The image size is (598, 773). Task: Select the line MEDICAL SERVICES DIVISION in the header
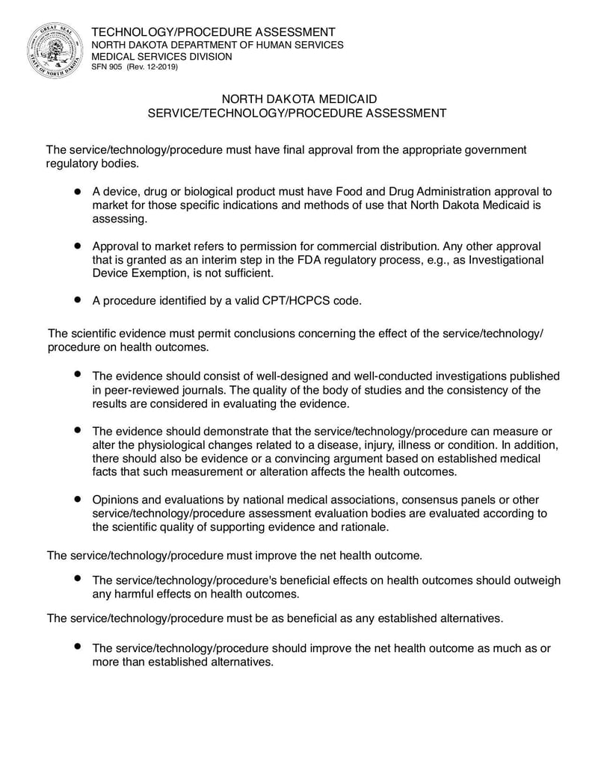click(x=161, y=56)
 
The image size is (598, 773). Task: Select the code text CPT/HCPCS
click(x=277, y=300)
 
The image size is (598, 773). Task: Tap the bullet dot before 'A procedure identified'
click(x=77, y=299)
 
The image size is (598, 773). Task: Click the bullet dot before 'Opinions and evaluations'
click(x=77, y=499)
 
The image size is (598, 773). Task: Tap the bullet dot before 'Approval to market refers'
click(x=77, y=245)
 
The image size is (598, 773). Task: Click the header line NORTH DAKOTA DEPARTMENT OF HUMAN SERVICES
click(x=218, y=45)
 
